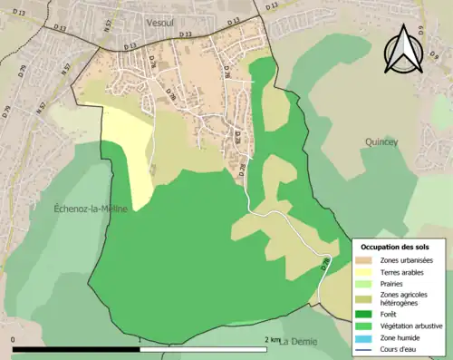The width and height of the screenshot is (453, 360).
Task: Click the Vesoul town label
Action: [165, 19]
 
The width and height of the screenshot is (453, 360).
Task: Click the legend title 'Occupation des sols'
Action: [396, 247]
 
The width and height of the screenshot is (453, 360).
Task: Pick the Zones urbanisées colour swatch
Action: [366, 261]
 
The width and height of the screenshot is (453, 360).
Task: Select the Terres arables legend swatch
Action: [366, 272]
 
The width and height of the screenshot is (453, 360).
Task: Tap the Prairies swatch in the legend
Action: [366, 284]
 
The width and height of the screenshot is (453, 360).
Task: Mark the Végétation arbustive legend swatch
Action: [366, 326]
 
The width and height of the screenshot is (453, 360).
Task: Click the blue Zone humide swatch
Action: [366, 336]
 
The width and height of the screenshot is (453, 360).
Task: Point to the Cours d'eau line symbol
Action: [366, 347]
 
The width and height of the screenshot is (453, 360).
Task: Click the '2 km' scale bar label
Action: [272, 340]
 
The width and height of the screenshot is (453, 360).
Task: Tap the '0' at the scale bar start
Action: [14, 340]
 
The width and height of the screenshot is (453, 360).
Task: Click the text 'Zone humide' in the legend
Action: [402, 336]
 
